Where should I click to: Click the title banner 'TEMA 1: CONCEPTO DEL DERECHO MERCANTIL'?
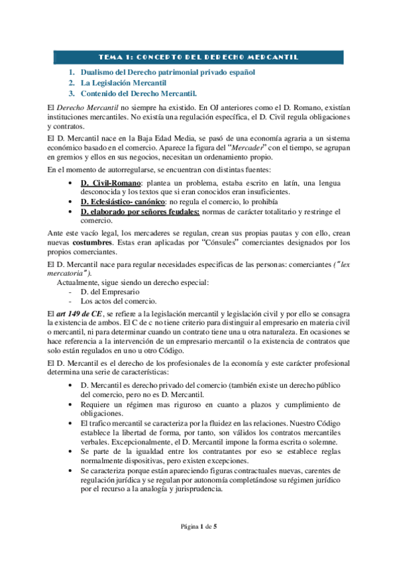coord(198,57)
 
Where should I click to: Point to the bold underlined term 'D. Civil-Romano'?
coord(109,182)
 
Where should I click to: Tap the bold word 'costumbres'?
coord(94,242)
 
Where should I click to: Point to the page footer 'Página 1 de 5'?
coord(198,526)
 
